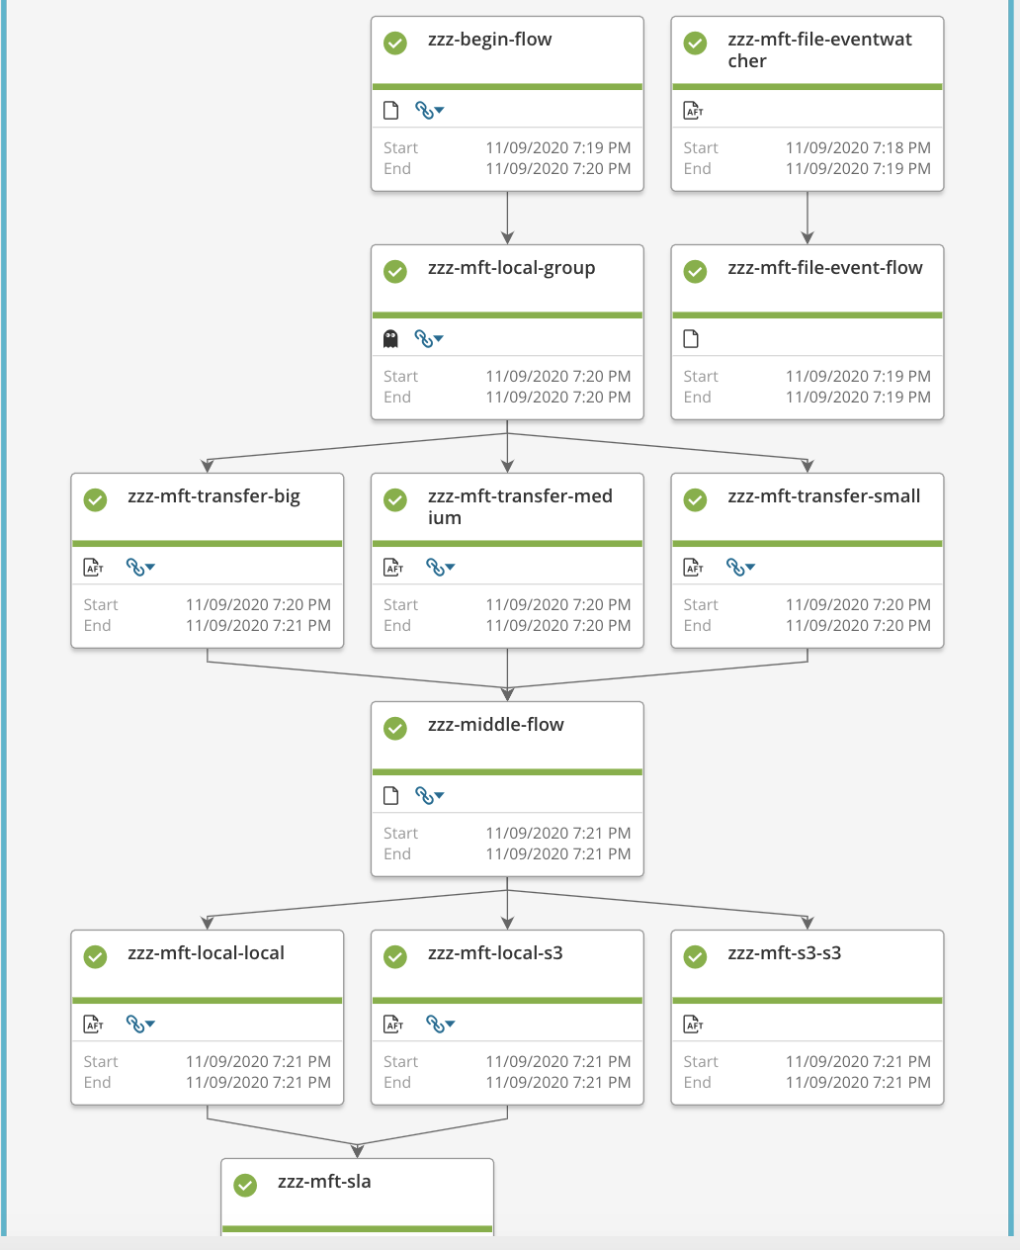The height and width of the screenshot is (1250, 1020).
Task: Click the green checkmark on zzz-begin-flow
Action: tap(395, 43)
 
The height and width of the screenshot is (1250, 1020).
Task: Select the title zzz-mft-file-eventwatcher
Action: tap(818, 49)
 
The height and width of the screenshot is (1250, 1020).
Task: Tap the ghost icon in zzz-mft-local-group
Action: tap(390, 339)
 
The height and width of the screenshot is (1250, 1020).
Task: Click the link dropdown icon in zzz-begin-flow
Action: tap(429, 111)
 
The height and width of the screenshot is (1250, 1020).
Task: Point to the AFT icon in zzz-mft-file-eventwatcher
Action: tap(694, 111)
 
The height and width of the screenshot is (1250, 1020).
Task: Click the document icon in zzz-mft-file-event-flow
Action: tap(691, 339)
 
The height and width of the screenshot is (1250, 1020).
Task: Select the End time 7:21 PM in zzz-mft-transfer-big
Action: tap(258, 625)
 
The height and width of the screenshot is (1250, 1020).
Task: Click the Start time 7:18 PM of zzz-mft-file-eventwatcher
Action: tap(857, 147)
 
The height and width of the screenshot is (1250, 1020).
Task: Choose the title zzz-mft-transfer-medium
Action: tap(519, 506)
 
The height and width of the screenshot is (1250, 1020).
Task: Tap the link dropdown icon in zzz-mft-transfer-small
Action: tap(740, 568)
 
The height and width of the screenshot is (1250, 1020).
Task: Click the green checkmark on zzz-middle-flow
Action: tap(395, 728)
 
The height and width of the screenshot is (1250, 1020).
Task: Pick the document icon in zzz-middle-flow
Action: tap(390, 796)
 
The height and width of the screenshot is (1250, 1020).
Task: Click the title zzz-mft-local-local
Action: tap(206, 953)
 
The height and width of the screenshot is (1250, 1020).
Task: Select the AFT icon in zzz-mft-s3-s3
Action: tap(694, 1025)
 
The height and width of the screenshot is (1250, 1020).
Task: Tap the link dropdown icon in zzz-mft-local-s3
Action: tap(440, 1025)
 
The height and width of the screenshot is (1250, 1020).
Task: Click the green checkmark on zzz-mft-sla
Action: tap(245, 1185)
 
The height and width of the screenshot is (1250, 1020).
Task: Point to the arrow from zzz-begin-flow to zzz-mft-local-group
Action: tap(507, 218)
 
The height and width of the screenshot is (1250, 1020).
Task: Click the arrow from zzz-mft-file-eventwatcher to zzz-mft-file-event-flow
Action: tap(807, 218)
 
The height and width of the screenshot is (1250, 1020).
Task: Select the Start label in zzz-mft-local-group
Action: tap(400, 376)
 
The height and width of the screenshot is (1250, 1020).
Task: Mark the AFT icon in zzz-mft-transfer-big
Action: tap(94, 568)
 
